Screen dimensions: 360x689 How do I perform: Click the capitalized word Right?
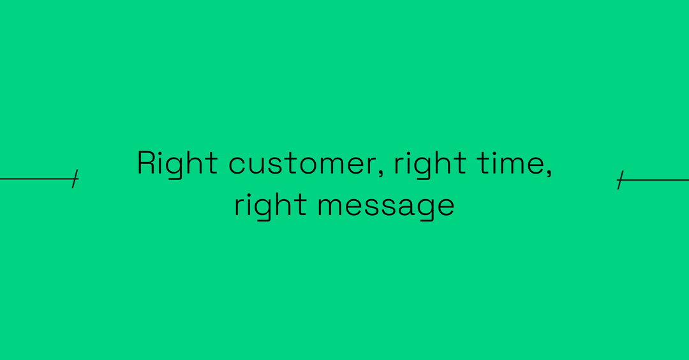pyautogui.click(x=168, y=163)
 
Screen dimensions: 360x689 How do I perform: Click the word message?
pyautogui.click(x=386, y=206)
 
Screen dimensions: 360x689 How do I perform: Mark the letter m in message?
pyautogui.click(x=329, y=207)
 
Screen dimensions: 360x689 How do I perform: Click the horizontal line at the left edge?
pyautogui.click(x=35, y=179)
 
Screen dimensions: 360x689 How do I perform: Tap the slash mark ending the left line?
pyautogui.click(x=75, y=179)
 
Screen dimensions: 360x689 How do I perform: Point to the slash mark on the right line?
pyautogui.click(x=619, y=181)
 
